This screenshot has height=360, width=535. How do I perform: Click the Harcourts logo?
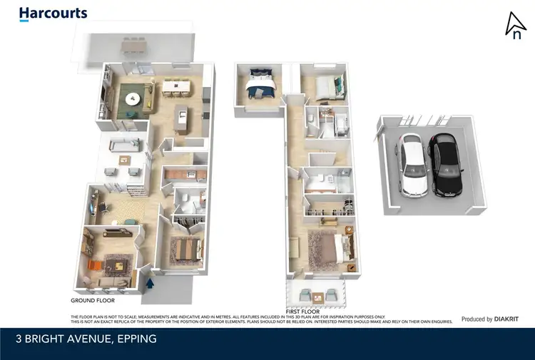(x=53, y=13)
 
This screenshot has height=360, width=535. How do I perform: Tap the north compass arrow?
(x=514, y=26)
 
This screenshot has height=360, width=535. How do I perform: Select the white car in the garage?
(x=412, y=163)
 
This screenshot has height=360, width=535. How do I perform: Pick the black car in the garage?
(x=445, y=165)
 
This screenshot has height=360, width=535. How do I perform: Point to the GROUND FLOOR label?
(x=93, y=302)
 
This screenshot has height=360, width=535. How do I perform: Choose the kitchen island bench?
(x=181, y=118)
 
